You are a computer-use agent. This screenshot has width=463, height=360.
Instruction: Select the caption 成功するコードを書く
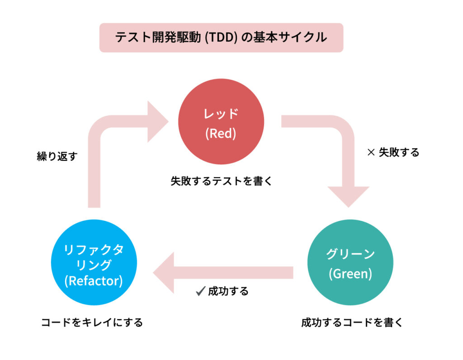[351, 323]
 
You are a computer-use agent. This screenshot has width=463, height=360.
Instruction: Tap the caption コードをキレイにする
[92, 323]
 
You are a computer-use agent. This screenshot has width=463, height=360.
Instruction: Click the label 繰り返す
[57, 157]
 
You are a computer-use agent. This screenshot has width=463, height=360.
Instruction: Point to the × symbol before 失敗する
[371, 153]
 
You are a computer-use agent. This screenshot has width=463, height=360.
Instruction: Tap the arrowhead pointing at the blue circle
[164, 273]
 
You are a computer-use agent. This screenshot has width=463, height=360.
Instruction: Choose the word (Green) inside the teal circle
[350, 274]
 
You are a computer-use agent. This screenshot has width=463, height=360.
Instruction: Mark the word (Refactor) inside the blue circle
[94, 281]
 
